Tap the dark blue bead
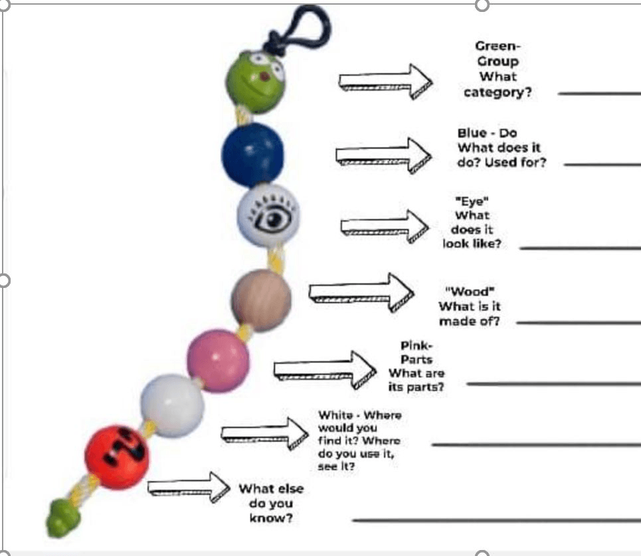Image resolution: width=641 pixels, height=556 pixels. tap(252, 153)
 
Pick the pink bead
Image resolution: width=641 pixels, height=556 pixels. tap(217, 362)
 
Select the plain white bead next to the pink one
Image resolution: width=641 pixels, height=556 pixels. tap(172, 404)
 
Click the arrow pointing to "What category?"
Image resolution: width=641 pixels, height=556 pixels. tap(385, 82)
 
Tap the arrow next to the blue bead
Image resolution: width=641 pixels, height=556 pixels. tap(383, 154)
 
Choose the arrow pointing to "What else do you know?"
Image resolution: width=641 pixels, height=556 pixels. tap(188, 487)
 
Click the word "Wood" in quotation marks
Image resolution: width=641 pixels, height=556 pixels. tap(470, 292)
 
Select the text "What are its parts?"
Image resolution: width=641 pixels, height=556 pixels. tap(416, 380)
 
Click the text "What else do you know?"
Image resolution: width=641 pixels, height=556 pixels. tap(271, 503)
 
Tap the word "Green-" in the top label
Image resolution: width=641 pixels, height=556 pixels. tap(498, 46)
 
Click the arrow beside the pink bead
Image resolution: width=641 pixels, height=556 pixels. tap(325, 368)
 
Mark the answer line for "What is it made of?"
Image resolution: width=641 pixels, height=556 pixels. tap(578, 323)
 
